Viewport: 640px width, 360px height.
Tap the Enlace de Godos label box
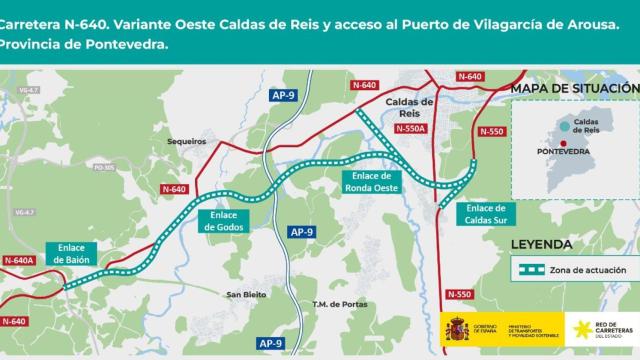tap(224, 220)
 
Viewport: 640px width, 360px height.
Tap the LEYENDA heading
tap(541, 243)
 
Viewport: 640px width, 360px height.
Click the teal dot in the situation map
tap(566, 124)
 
